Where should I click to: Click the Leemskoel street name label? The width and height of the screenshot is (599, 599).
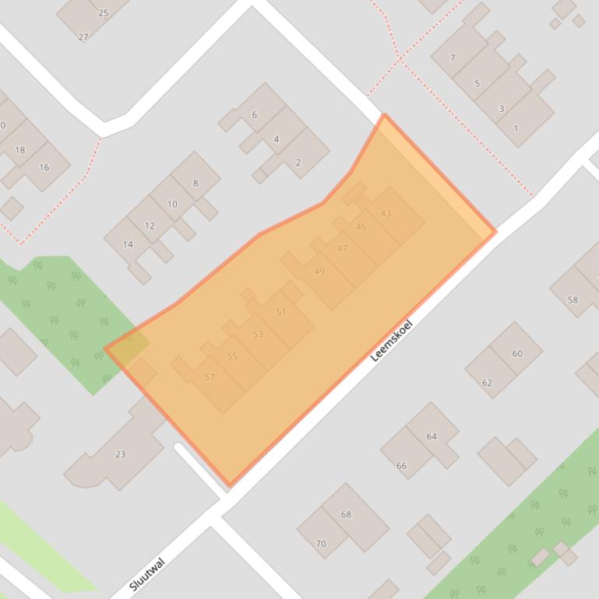tap(391, 340)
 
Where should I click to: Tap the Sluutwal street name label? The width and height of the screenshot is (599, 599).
tap(147, 574)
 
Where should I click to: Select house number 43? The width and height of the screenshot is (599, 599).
tap(386, 213)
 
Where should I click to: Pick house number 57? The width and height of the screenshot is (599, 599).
tap(210, 377)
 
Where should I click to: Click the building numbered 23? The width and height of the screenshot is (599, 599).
tap(120, 454)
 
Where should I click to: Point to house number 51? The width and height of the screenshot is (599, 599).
tap(281, 312)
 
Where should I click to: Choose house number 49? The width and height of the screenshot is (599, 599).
tap(319, 271)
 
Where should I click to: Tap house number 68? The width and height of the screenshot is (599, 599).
tap(346, 514)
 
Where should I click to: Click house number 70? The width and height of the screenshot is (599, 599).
tap(321, 544)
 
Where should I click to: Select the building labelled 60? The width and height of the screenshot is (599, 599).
tap(517, 353)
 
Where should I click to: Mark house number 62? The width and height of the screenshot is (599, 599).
tap(488, 383)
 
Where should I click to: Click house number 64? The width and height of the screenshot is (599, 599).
tap(432, 436)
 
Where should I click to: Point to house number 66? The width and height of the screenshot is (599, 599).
tap(402, 466)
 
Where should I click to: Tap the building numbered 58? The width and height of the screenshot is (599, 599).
tap(573, 299)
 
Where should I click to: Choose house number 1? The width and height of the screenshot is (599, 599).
tap(516, 128)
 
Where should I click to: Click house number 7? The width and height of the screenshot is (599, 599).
tap(453, 58)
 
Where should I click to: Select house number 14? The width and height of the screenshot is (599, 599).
tap(128, 244)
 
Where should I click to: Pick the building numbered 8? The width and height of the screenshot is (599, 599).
tap(195, 184)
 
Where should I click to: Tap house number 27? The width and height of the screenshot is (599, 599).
tap(83, 37)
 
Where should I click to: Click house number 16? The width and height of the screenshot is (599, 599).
tap(44, 167)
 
